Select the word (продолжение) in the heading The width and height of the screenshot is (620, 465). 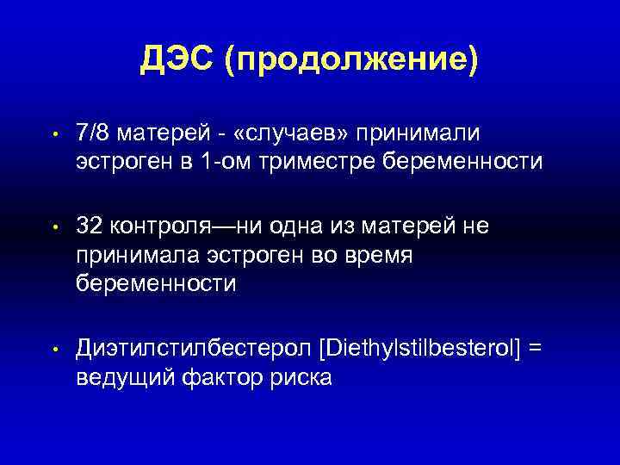[352, 62]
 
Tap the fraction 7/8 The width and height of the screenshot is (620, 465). [93, 133]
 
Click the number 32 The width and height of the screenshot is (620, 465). [90, 226]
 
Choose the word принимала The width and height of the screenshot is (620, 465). [138, 254]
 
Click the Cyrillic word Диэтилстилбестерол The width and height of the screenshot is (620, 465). [192, 348]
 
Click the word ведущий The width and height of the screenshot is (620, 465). [126, 376]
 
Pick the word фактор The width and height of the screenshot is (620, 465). [224, 376]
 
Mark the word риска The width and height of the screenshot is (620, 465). [302, 376]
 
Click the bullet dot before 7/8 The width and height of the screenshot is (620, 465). [53, 135]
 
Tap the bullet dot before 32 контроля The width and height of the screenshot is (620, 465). [53, 227]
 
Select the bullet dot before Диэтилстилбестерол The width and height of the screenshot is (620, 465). [53, 350]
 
